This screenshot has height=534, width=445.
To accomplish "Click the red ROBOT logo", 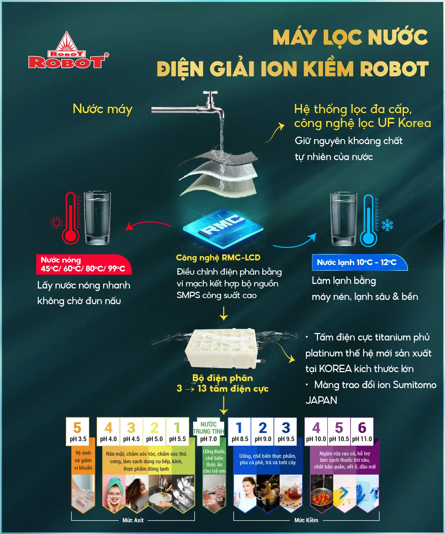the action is pos(68,50).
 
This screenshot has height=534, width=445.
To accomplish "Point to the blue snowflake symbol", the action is pos(387,225).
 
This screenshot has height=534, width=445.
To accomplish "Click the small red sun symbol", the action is pos(57,223).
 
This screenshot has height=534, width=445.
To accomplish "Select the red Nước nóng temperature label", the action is pos(84,264).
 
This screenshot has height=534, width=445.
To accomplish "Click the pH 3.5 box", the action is pos(78,432).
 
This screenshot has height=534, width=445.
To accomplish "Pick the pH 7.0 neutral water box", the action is pos(208,432).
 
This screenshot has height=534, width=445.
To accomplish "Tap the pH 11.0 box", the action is pos(362,432).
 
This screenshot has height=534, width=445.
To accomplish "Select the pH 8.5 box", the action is pos(239,432).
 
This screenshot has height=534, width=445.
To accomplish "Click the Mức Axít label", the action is pos(133,520).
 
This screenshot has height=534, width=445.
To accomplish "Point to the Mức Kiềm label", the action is pos(306,520).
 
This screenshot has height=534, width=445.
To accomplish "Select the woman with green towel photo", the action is pos(114,493).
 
